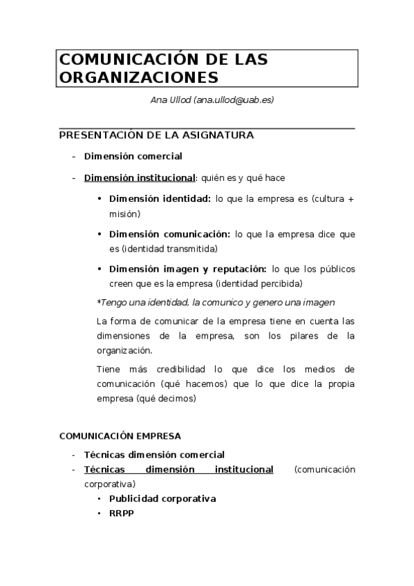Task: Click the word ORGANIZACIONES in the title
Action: coord(138,77)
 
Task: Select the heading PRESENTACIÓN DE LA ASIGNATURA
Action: coord(157,135)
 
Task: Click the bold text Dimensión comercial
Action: coord(133,156)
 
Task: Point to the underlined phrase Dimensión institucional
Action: coord(140,178)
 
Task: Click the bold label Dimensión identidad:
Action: coord(160,199)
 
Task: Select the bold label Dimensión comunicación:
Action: coord(169,234)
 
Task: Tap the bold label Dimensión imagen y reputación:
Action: coord(187,268)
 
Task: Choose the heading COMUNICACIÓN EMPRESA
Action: coord(120,436)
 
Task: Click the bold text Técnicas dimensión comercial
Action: coord(154,455)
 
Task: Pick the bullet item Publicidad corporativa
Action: coord(162,498)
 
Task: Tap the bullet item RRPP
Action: coord(121,513)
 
